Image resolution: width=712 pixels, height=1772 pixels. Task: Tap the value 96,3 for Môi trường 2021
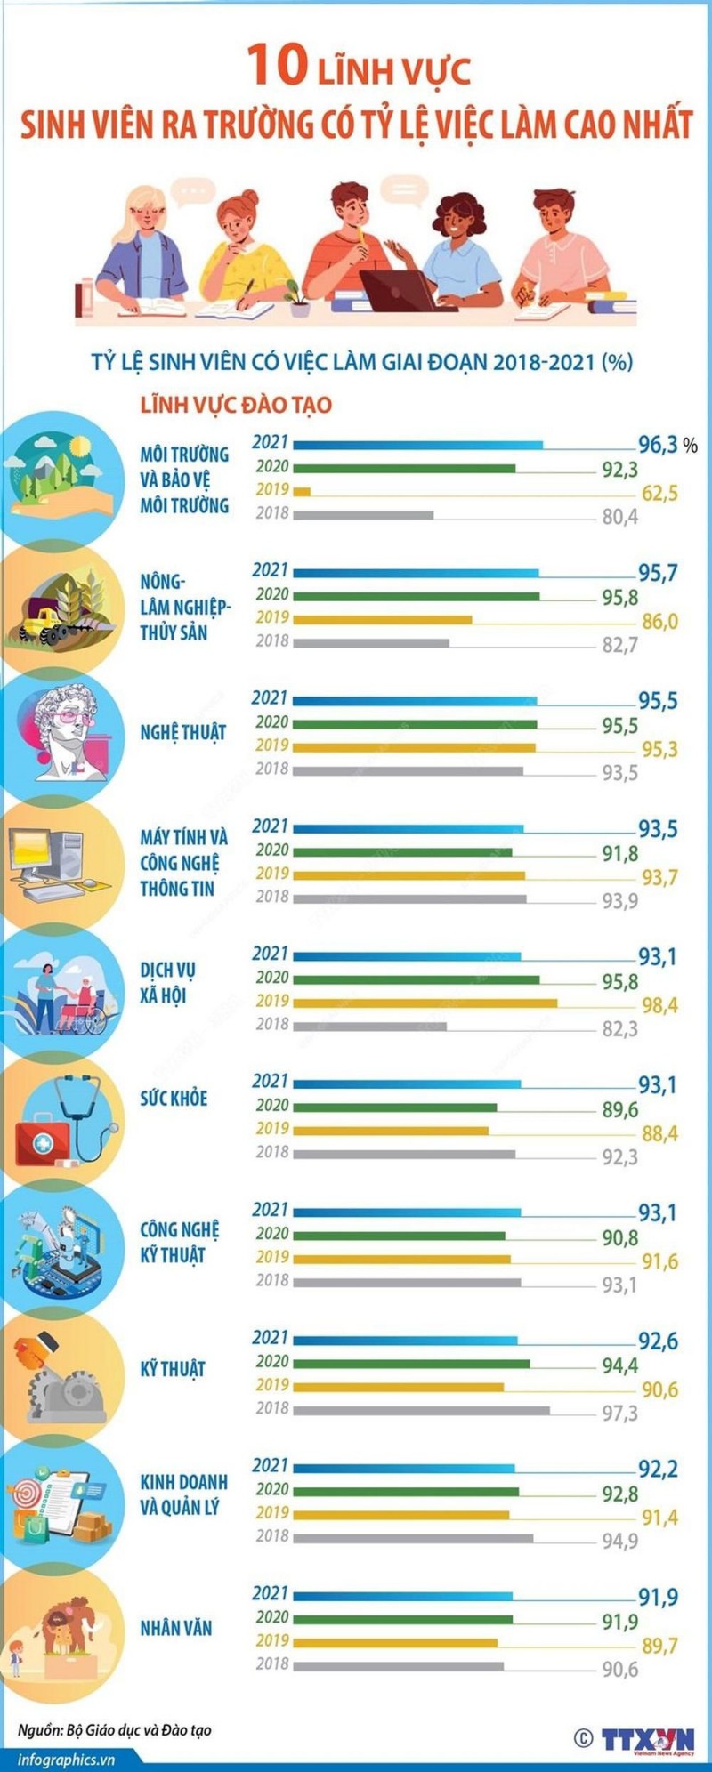(x=658, y=445)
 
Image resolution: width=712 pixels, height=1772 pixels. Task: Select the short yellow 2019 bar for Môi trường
(x=302, y=491)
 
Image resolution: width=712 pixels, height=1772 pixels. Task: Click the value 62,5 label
(x=659, y=493)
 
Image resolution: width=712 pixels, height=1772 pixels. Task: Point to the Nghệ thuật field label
(x=183, y=733)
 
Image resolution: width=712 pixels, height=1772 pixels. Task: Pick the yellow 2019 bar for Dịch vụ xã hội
(x=425, y=1003)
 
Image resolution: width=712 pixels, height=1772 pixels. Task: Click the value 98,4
(x=659, y=1005)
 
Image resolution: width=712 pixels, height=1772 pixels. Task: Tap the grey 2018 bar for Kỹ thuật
(x=421, y=1410)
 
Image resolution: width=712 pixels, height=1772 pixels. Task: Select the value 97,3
(x=619, y=1413)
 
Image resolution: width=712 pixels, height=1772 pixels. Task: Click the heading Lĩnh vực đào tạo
(x=236, y=405)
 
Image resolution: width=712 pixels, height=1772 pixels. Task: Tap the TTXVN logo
(x=647, y=1738)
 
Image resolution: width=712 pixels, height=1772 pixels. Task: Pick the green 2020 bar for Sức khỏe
(x=394, y=1107)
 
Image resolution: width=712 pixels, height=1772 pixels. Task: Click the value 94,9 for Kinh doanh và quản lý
(x=619, y=1540)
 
